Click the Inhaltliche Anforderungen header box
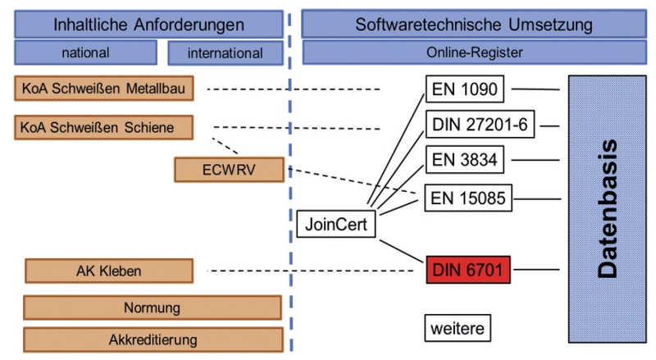point(149,25)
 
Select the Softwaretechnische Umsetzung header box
point(474,25)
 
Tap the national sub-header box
point(86,52)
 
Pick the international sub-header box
point(225,53)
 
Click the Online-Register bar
point(475,52)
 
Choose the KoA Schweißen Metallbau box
point(104,89)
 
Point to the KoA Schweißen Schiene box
point(104,127)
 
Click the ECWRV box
point(230,170)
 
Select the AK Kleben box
point(109,271)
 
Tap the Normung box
point(153,308)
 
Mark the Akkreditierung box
point(153,339)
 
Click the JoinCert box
point(336,224)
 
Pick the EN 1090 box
point(465,89)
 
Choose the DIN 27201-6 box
point(480,125)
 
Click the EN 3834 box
point(465,159)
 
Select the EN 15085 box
point(468,198)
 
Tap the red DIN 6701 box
point(468,270)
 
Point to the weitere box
point(458,328)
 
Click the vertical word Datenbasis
point(608,209)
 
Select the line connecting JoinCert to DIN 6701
point(402,251)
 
